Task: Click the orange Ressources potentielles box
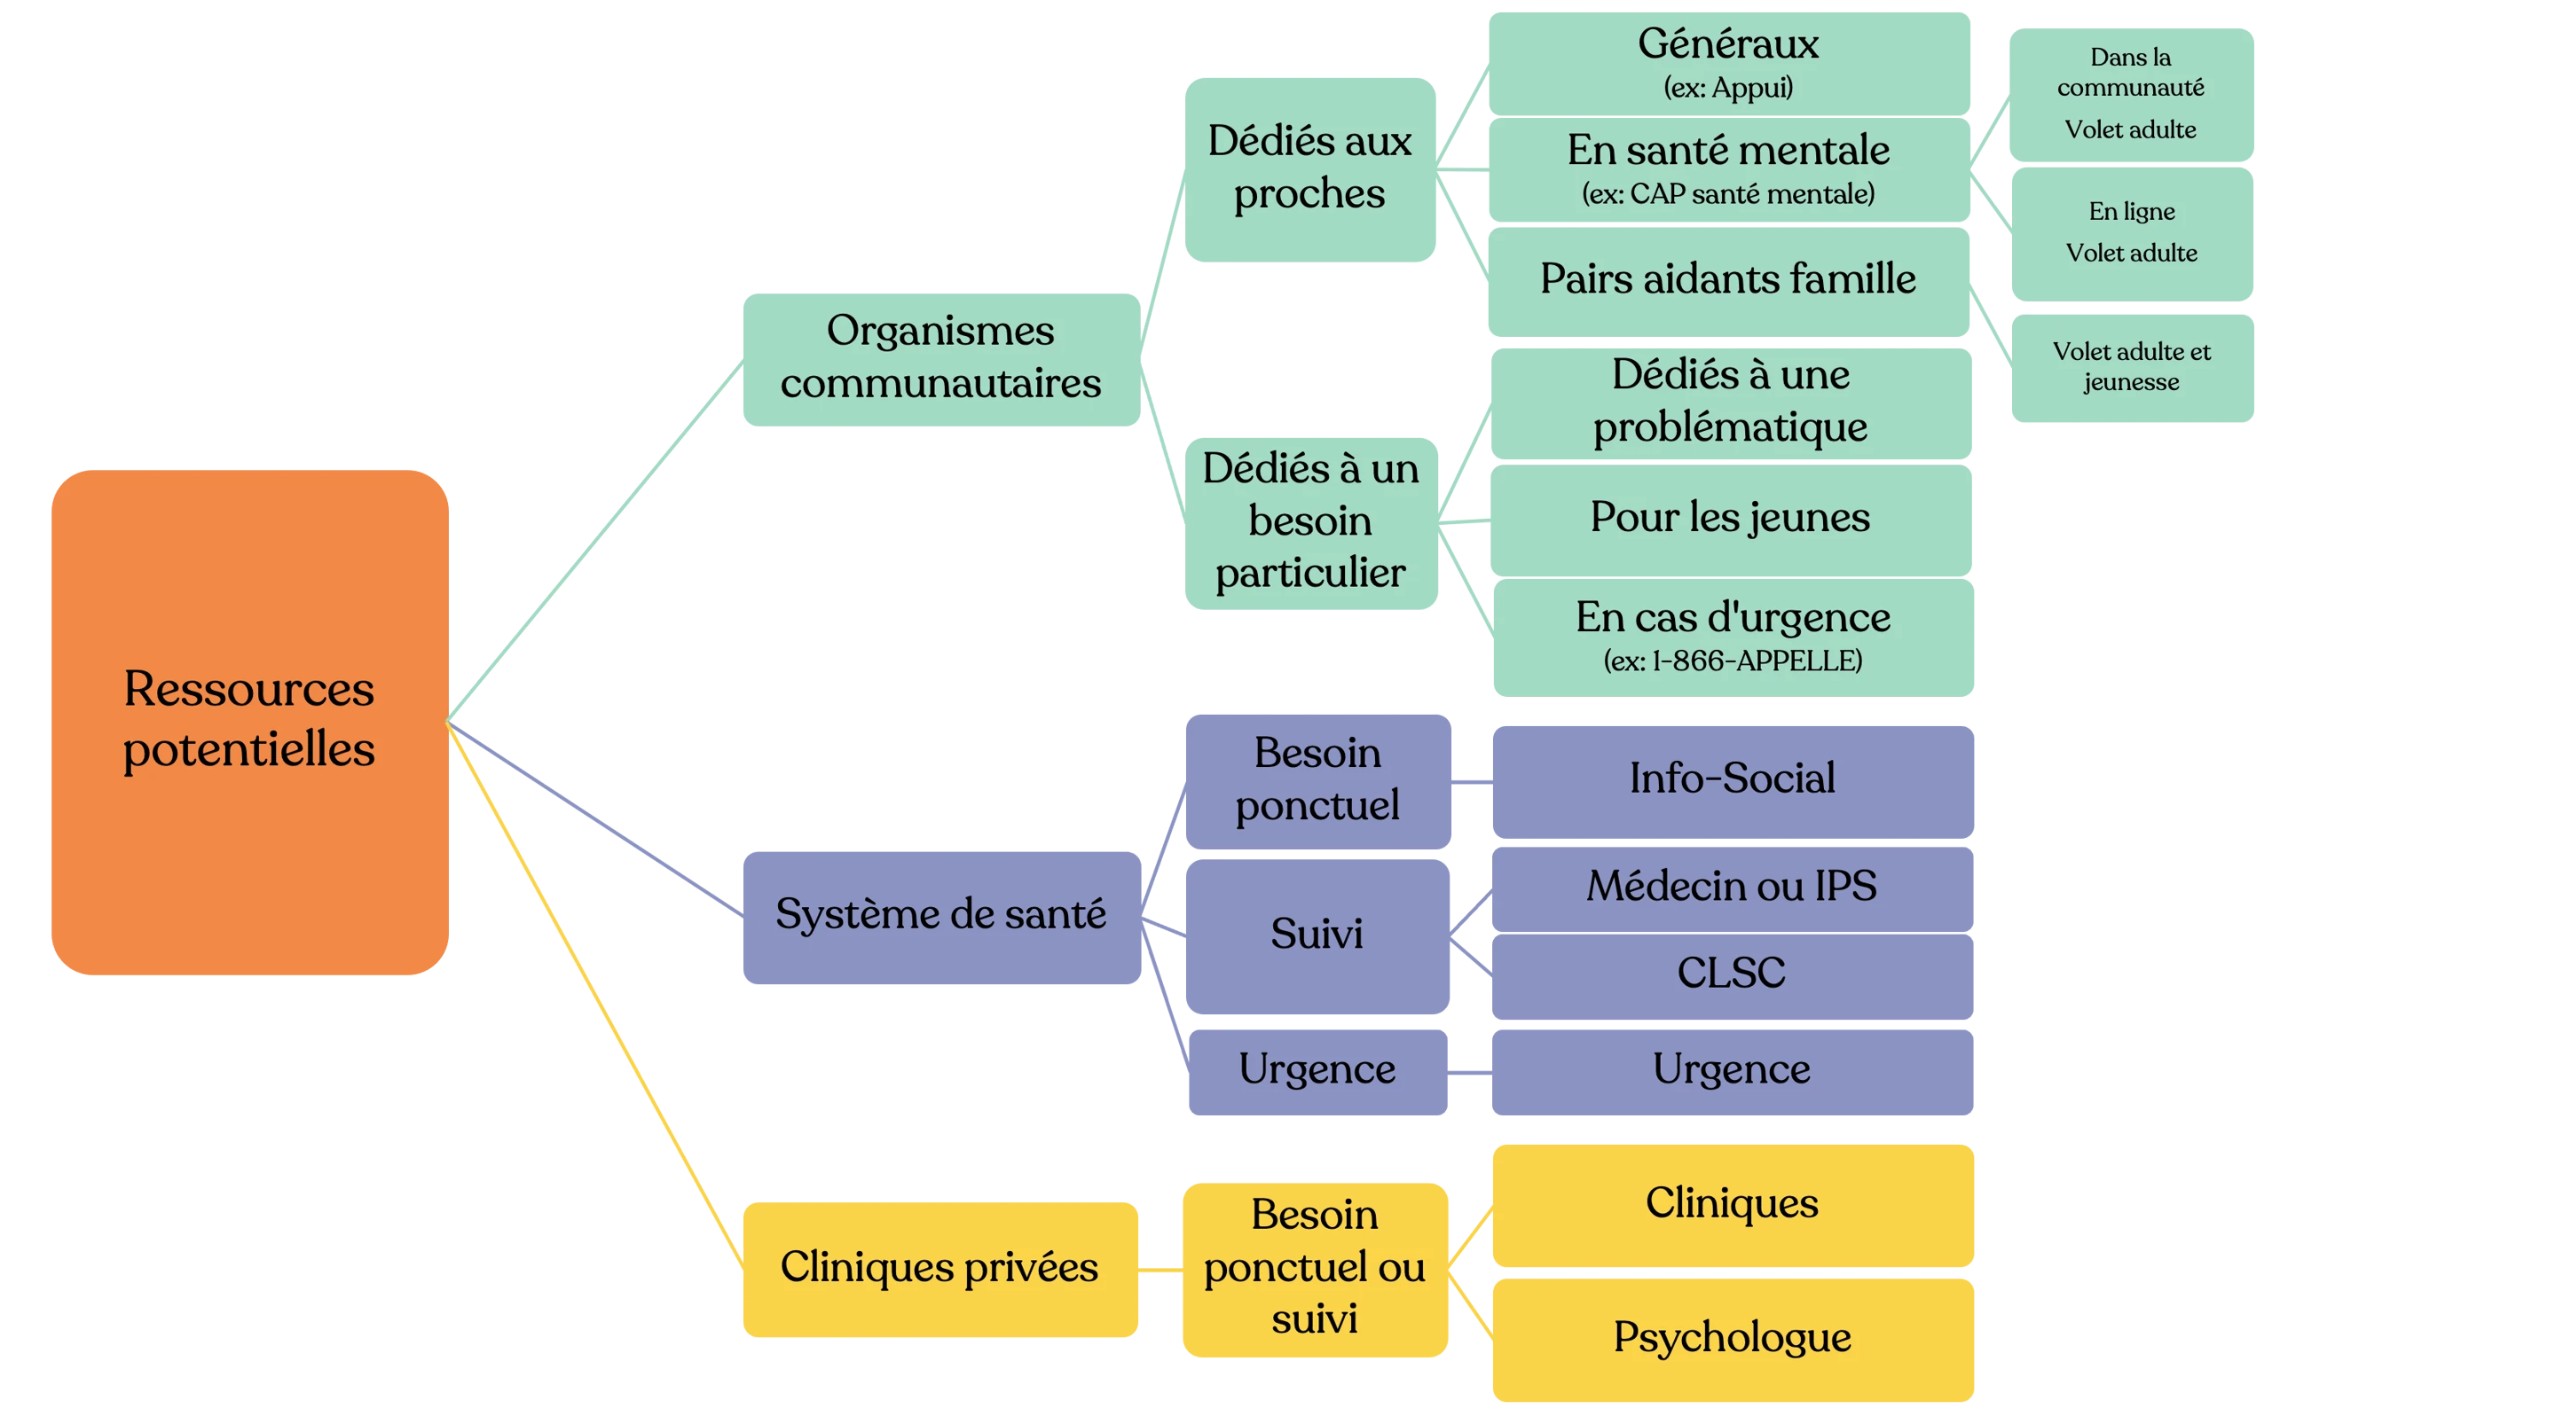[249, 721]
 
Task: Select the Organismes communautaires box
[940, 358]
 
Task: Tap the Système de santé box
[940, 915]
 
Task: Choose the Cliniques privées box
[939, 1268]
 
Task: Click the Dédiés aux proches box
[1309, 168]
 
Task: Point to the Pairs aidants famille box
[1728, 279]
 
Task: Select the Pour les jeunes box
[1730, 518]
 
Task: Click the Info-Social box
[1732, 779]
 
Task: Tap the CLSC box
[1732, 974]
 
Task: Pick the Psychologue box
[1732, 1338]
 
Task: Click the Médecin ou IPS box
[1732, 887]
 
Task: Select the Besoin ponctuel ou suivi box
[1314, 1268]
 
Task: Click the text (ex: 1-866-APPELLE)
[1732, 661]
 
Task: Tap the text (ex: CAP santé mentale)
[1728, 194]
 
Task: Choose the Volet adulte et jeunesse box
[2132, 367]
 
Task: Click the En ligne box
[2132, 232]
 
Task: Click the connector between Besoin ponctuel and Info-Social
[1471, 783]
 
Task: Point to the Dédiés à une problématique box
[1730, 402]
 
